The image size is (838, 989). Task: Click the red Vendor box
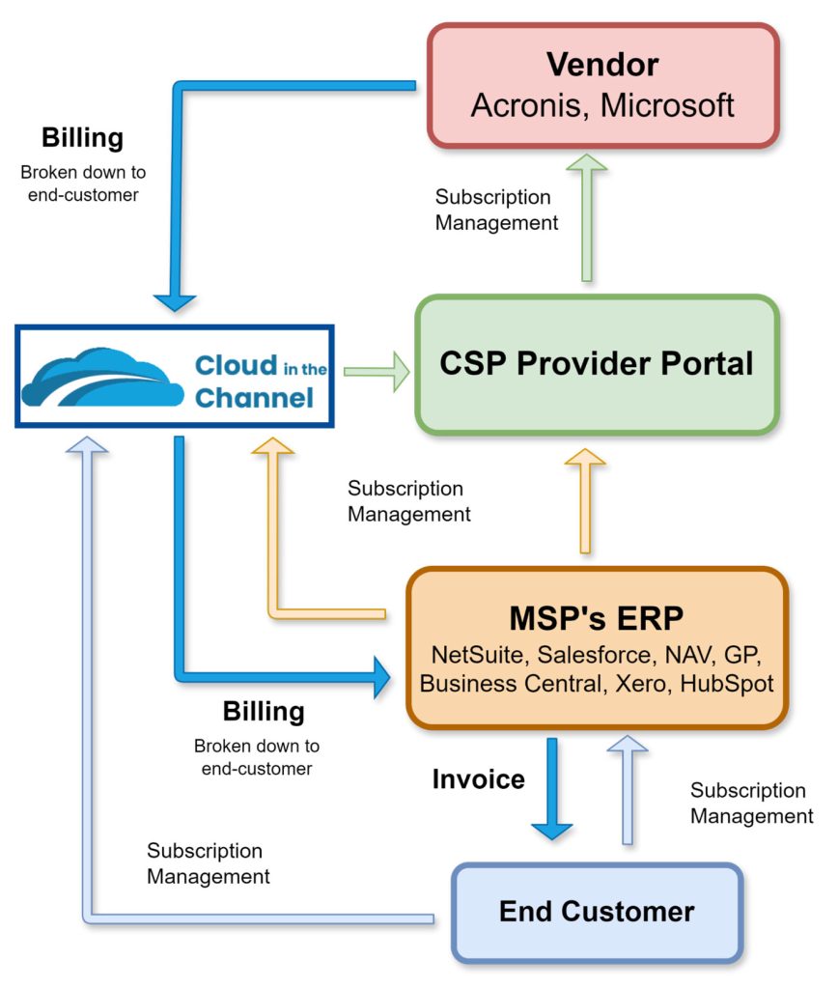pyautogui.click(x=602, y=85)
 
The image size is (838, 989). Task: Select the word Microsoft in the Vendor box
pyautogui.click(x=667, y=104)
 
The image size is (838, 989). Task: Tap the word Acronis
pyautogui.click(x=525, y=104)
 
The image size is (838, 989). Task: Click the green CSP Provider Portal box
pyautogui.click(x=597, y=364)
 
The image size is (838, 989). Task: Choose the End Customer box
pyautogui.click(x=597, y=911)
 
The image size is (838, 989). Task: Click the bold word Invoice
pyautogui.click(x=478, y=778)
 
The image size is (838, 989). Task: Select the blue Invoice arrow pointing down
pyautogui.click(x=552, y=787)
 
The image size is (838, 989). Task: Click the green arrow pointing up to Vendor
pyautogui.click(x=586, y=217)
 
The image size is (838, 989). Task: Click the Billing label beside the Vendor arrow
pyautogui.click(x=82, y=138)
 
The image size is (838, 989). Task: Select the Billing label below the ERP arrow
pyautogui.click(x=264, y=712)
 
